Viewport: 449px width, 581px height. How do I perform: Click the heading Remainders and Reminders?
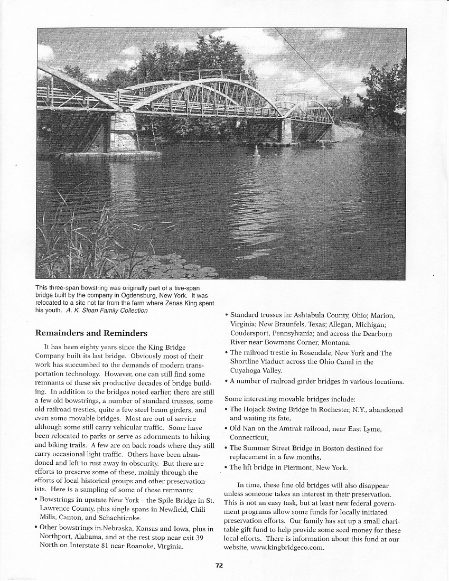pos(91,333)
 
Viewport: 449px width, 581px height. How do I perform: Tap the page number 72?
pos(219,565)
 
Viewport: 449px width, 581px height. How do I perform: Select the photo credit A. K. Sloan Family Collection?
pos(107,311)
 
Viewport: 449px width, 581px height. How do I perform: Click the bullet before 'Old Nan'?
pos(226,429)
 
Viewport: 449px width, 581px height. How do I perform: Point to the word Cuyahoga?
pos(247,371)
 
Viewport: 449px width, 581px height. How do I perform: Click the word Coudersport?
pos(251,333)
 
